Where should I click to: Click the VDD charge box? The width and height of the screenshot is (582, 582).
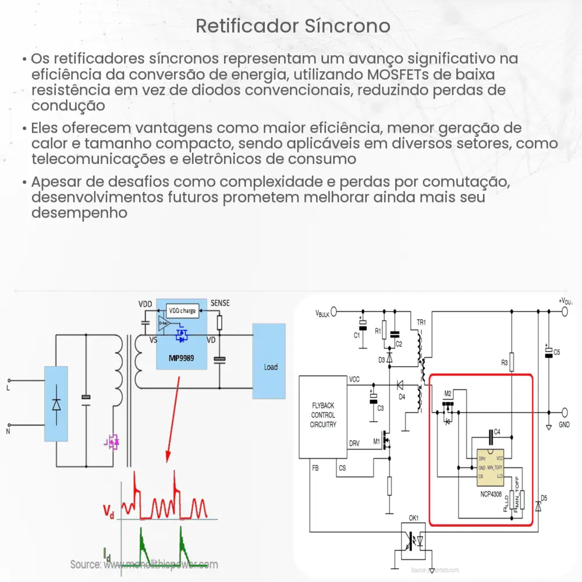click(182, 310)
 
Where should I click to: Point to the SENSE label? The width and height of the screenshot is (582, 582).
click(220, 303)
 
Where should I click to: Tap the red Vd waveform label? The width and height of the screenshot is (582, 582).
click(108, 512)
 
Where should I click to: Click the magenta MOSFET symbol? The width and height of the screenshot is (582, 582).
click(112, 443)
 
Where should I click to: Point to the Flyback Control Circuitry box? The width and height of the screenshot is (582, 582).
click(322, 415)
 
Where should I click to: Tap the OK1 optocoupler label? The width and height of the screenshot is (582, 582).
click(413, 517)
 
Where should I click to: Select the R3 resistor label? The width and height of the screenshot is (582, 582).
click(504, 363)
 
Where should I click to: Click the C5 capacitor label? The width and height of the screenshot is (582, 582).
click(556, 352)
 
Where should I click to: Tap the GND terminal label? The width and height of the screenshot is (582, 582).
click(564, 425)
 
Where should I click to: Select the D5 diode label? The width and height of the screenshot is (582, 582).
click(544, 498)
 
